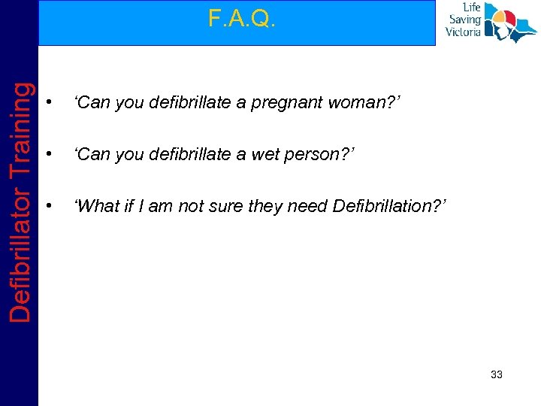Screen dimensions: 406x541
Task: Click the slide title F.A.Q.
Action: [242, 19]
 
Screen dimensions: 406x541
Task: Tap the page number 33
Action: [496, 374]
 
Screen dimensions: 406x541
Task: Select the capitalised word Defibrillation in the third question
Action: [388, 205]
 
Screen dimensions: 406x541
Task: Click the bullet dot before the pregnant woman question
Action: [48, 103]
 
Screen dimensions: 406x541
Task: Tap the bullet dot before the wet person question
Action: [48, 155]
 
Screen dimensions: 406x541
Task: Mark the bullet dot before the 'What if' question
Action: [48, 206]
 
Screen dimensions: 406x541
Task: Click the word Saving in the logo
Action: [466, 20]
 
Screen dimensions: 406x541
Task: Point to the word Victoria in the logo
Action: [463, 32]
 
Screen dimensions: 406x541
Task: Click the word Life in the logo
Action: [471, 8]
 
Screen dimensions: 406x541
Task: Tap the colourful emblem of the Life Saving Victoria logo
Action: [509, 23]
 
